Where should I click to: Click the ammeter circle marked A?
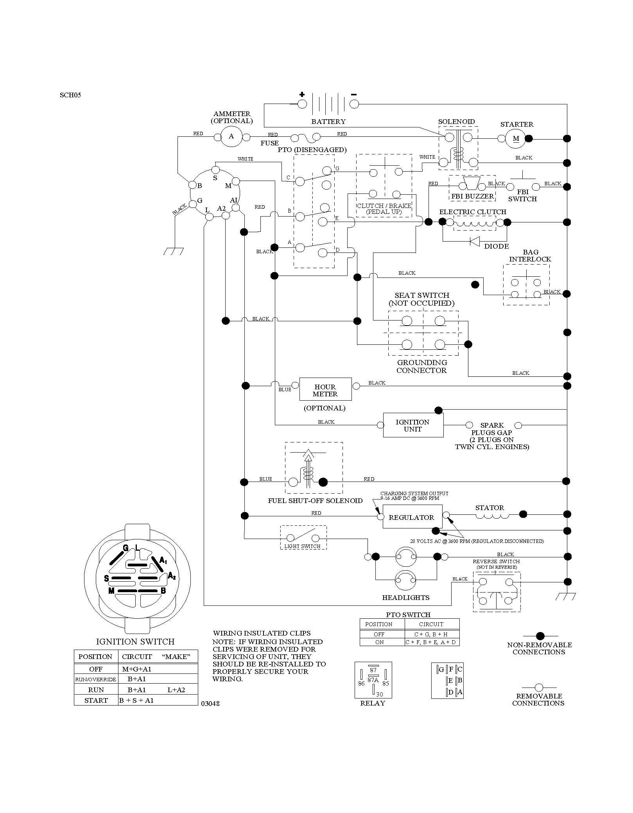click(x=231, y=136)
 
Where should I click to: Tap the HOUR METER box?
click(x=325, y=389)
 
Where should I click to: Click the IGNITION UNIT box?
click(x=413, y=425)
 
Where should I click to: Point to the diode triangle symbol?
click(x=475, y=242)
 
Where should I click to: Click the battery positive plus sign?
click(x=302, y=94)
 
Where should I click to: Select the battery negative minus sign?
click(x=354, y=94)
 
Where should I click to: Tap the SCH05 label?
click(x=70, y=95)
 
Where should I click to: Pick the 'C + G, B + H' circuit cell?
click(x=432, y=634)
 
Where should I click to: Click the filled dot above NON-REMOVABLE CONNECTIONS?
click(x=540, y=636)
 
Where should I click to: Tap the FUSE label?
click(x=270, y=143)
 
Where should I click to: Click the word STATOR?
click(x=490, y=508)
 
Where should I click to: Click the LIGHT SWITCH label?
click(x=302, y=546)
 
